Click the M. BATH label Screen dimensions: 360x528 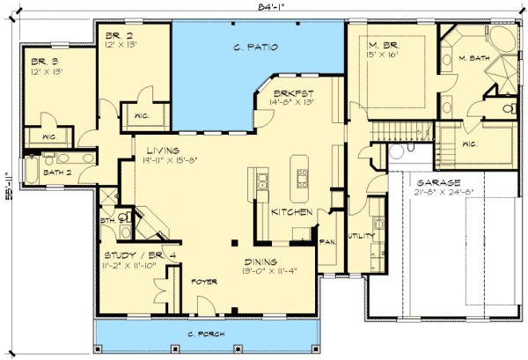tap(474, 59)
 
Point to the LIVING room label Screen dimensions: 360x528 tap(163, 151)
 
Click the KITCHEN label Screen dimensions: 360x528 tap(289, 213)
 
